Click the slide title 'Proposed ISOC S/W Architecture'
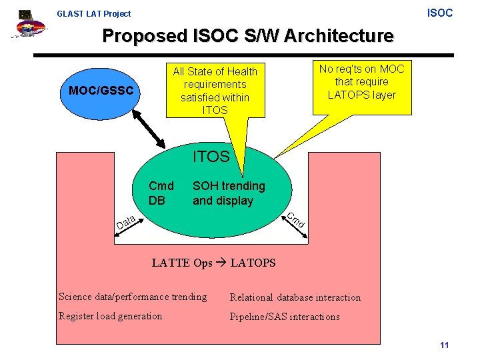tap(247, 35)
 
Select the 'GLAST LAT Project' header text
tap(93, 13)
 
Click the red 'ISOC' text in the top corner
tap(439, 13)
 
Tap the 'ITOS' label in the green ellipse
tap(211, 157)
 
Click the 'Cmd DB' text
tap(161, 193)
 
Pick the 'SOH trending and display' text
tap(229, 193)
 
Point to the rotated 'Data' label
tap(126, 222)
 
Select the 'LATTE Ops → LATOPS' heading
tap(213, 263)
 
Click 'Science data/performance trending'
tap(133, 297)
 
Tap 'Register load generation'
tap(110, 316)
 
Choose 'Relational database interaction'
tap(295, 297)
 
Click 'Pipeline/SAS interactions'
tap(285, 317)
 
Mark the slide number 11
tap(445, 345)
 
